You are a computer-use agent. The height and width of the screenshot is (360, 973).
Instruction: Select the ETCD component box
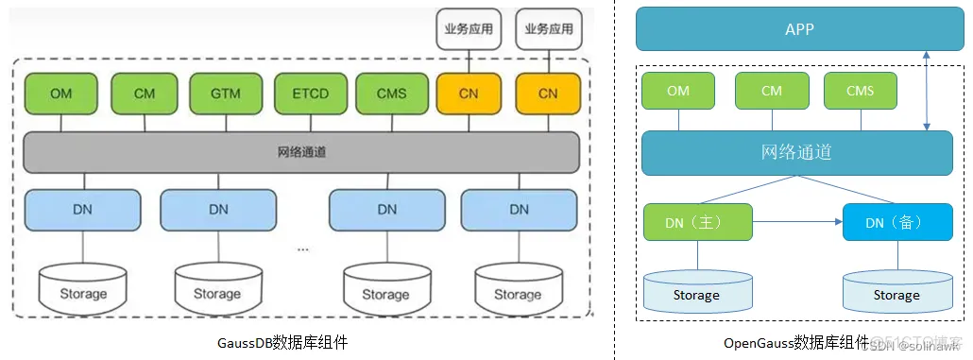click(x=312, y=94)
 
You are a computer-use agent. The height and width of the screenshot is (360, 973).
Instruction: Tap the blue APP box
click(x=793, y=29)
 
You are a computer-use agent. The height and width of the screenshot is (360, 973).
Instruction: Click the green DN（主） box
click(x=697, y=222)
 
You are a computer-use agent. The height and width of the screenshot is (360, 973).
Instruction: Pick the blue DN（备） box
click(x=896, y=222)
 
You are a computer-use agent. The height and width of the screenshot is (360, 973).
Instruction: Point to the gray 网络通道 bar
click(x=300, y=152)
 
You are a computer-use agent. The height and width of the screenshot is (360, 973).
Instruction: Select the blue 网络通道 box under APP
click(x=796, y=152)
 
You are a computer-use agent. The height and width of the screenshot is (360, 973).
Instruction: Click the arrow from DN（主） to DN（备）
click(x=797, y=222)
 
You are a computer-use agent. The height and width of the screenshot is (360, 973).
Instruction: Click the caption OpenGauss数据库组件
click(x=795, y=343)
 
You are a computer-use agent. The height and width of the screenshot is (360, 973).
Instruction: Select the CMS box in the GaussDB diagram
click(x=392, y=94)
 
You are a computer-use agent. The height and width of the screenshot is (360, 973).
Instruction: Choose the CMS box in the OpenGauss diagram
click(x=860, y=91)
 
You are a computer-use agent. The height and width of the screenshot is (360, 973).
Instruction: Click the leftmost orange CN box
click(x=469, y=94)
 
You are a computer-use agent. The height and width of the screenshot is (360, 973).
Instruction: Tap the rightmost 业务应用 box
click(x=548, y=29)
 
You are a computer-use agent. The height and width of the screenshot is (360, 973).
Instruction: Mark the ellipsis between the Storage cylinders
click(x=302, y=249)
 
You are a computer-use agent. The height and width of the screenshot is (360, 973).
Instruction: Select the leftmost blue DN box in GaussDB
click(x=82, y=210)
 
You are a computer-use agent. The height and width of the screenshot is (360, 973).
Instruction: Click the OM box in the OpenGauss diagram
click(x=677, y=91)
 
